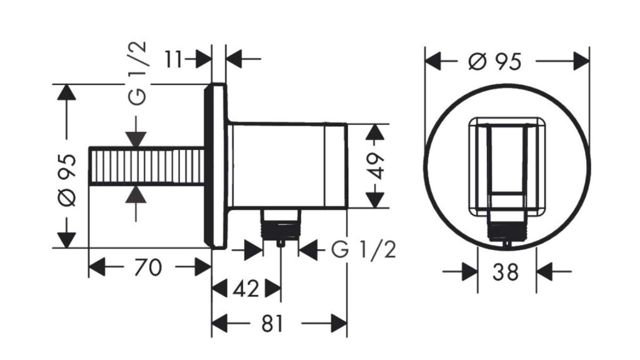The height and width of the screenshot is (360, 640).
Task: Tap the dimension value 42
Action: pos(246,289)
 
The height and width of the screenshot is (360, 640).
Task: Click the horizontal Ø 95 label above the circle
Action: pos(494,61)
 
